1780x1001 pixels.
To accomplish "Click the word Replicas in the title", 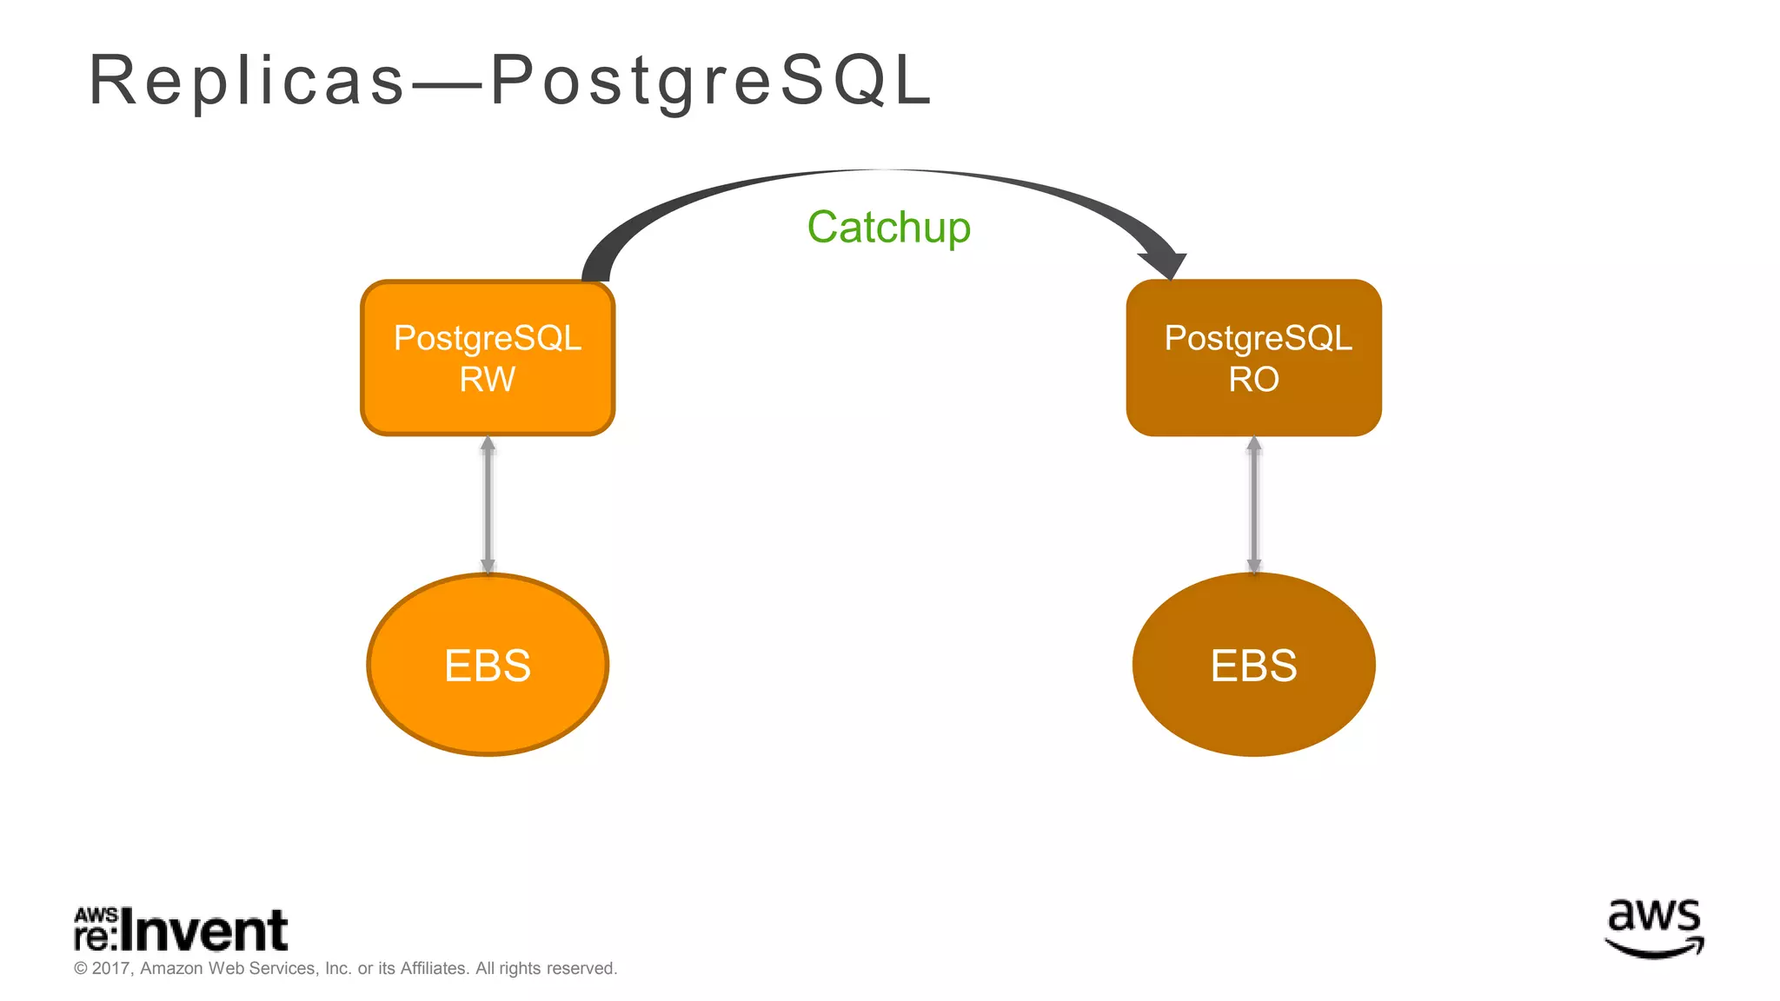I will point(247,81).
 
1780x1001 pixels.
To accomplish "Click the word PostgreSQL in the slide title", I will point(711,81).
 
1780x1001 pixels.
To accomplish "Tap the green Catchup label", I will point(888,228).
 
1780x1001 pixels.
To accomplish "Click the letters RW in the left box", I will point(488,380).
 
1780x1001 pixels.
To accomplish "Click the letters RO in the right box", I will point(1253,380).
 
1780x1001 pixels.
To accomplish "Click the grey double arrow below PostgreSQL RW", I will point(488,504).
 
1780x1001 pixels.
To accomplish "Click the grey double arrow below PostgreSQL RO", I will point(1253,504).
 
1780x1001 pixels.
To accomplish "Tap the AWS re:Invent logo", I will point(181,930).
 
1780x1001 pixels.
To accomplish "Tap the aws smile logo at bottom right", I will point(1653,928).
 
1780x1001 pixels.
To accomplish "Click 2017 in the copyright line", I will point(111,968).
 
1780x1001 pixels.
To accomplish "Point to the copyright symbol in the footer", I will point(81,968).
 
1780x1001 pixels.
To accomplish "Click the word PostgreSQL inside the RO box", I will point(1258,338).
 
